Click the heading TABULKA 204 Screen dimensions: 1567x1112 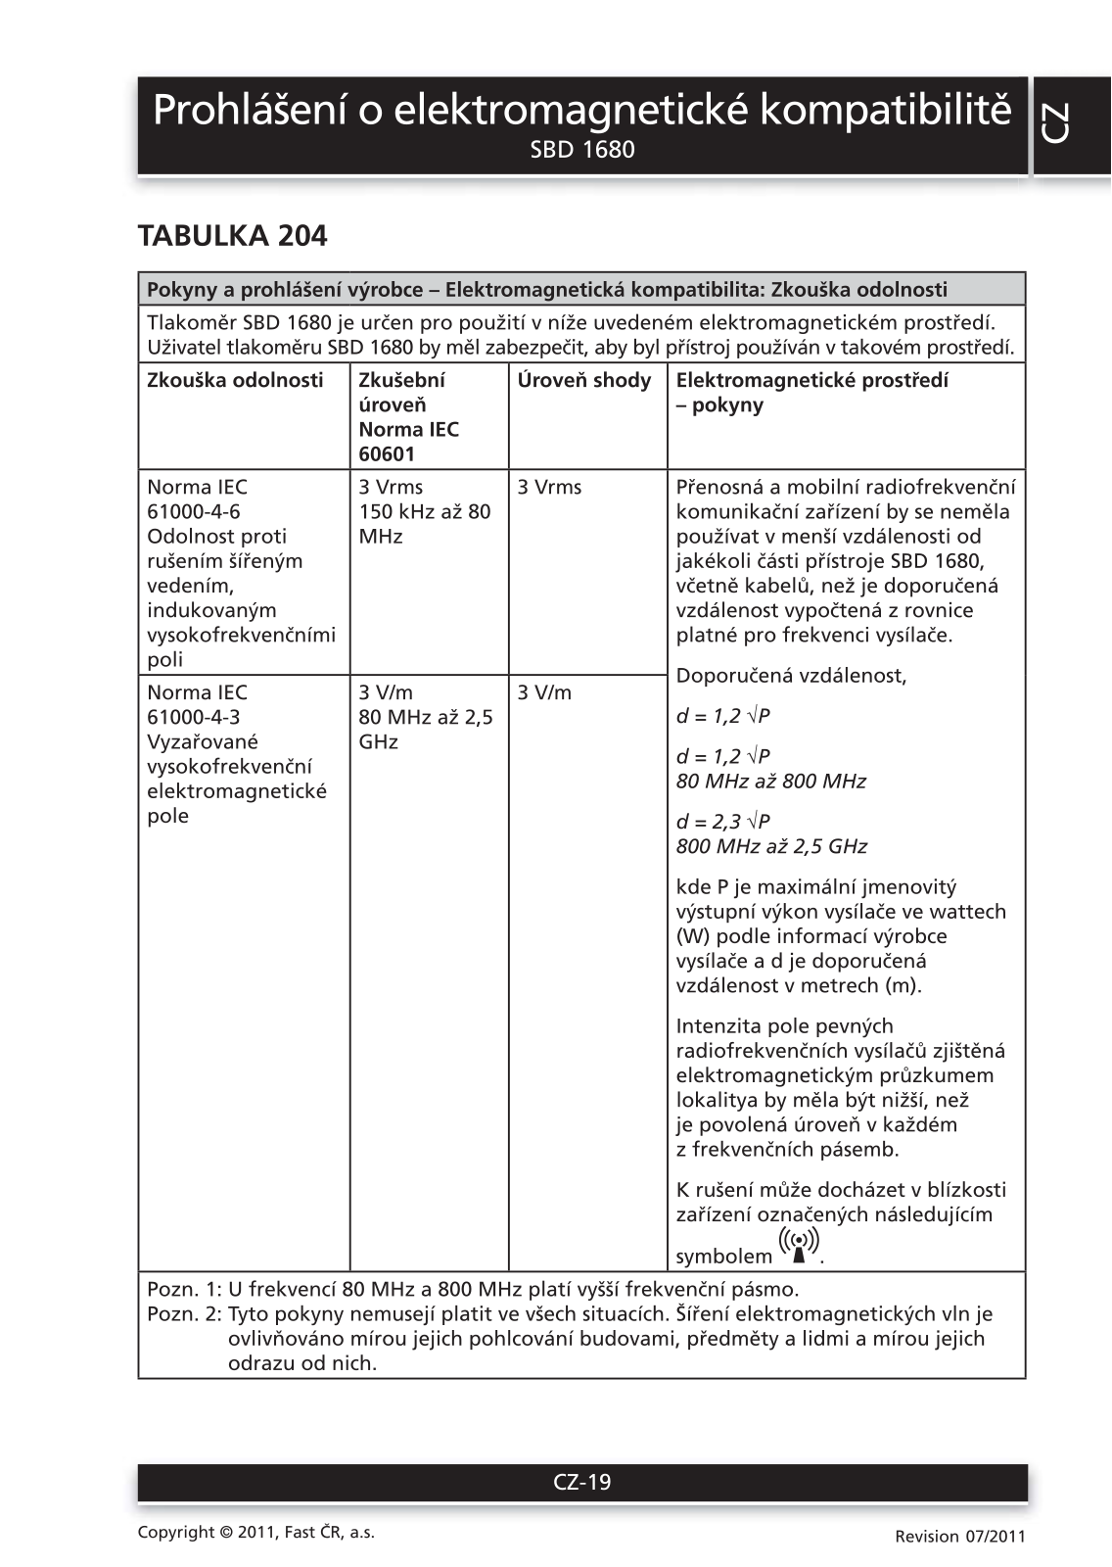pyautogui.click(x=232, y=236)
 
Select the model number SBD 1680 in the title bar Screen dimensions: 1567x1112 pyautogui.click(x=582, y=150)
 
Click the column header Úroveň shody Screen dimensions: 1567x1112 pyautogui.click(x=584, y=380)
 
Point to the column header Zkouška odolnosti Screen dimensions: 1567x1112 pyautogui.click(x=235, y=380)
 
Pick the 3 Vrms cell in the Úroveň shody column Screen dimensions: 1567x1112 pyautogui.click(x=549, y=487)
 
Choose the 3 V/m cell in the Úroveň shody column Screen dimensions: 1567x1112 pyautogui.click(x=544, y=692)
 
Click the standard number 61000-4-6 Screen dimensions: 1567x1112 pyautogui.click(x=194, y=511)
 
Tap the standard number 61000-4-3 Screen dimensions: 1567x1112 pyautogui.click(x=194, y=717)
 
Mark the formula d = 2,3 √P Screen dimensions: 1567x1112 pyautogui.click(x=723, y=822)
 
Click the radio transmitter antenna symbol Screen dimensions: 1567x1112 pyautogui.click(x=800, y=1247)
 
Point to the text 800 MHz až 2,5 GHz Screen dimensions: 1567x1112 pyautogui.click(x=771, y=846)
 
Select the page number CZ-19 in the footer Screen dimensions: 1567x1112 pyautogui.click(x=582, y=1482)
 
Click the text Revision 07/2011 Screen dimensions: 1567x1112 pyautogui.click(x=960, y=1536)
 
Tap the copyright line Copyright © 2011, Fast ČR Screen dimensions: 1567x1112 pyautogui.click(x=256, y=1533)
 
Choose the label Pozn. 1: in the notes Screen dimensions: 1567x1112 pyautogui.click(x=184, y=1289)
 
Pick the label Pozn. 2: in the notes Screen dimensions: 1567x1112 pyautogui.click(x=184, y=1313)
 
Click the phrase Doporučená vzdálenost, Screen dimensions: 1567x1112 pyautogui.click(x=792, y=676)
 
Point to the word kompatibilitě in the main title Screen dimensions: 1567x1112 pyautogui.click(x=886, y=110)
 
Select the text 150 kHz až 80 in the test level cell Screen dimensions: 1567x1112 pyautogui.click(x=425, y=511)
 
